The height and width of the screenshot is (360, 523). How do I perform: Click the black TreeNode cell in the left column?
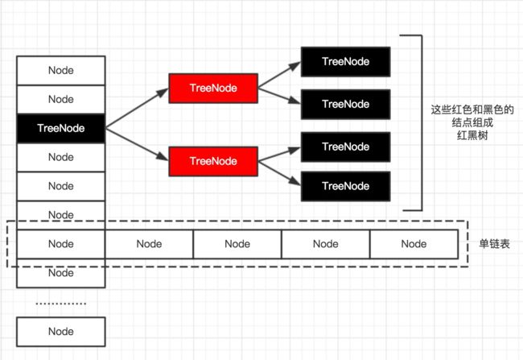click(x=61, y=128)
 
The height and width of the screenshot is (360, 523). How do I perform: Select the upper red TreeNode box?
click(x=213, y=88)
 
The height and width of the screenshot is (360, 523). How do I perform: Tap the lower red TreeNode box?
click(x=213, y=161)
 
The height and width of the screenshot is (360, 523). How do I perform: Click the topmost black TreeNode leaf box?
click(x=345, y=62)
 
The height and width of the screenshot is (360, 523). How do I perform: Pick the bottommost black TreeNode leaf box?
click(x=345, y=186)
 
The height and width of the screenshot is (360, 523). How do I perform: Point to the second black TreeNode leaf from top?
click(x=345, y=104)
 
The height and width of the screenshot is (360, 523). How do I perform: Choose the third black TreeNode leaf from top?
click(x=345, y=147)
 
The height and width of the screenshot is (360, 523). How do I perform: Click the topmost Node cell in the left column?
click(x=61, y=70)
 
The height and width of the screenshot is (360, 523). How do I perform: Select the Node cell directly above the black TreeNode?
click(x=61, y=100)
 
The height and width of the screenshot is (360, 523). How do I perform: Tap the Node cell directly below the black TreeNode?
click(x=61, y=157)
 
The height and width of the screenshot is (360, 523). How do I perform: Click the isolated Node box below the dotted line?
click(x=61, y=332)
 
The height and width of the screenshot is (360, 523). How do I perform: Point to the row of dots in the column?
click(x=61, y=304)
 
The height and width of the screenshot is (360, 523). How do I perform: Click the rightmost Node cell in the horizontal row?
click(x=414, y=244)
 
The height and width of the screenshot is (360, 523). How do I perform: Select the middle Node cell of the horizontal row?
click(x=237, y=244)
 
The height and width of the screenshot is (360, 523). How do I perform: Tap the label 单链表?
click(x=494, y=244)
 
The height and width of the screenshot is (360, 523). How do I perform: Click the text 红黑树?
click(x=472, y=135)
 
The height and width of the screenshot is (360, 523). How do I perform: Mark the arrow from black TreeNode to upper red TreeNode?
click(x=137, y=108)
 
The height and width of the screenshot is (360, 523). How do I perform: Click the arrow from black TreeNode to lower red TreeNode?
click(x=137, y=144)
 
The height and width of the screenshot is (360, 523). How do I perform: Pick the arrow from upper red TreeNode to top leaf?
click(x=279, y=75)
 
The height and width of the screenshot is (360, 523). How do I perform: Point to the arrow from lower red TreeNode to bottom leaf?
click(x=279, y=173)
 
